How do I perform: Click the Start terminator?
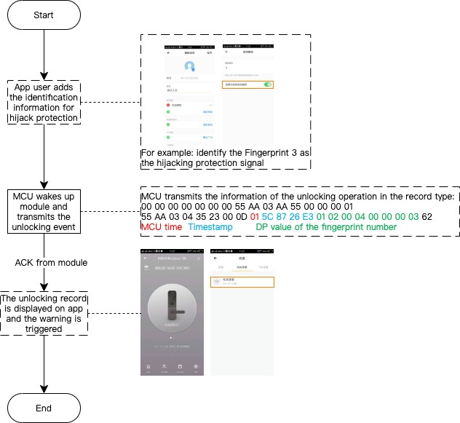pyautogui.click(x=45, y=15)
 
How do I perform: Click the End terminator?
pyautogui.click(x=45, y=408)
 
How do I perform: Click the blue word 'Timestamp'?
pyautogui.click(x=211, y=227)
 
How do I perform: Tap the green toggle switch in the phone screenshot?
pyautogui.click(x=268, y=85)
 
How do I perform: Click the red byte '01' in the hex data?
pyautogui.click(x=254, y=216)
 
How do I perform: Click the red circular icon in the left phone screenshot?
pyautogui.click(x=167, y=106)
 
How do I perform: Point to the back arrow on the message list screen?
pyautogui.click(x=216, y=237)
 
